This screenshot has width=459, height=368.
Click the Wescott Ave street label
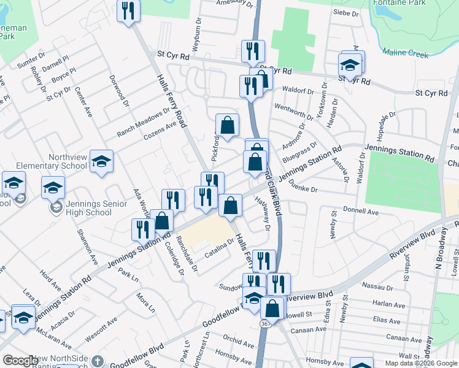pos(101,329)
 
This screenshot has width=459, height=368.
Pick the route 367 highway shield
pos(264,323)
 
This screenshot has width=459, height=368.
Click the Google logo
pos(20,361)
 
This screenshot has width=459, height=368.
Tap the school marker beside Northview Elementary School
pos(101,162)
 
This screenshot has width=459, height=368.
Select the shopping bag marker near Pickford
pos(227,125)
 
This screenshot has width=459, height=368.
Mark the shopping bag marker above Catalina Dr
pos(230,205)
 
